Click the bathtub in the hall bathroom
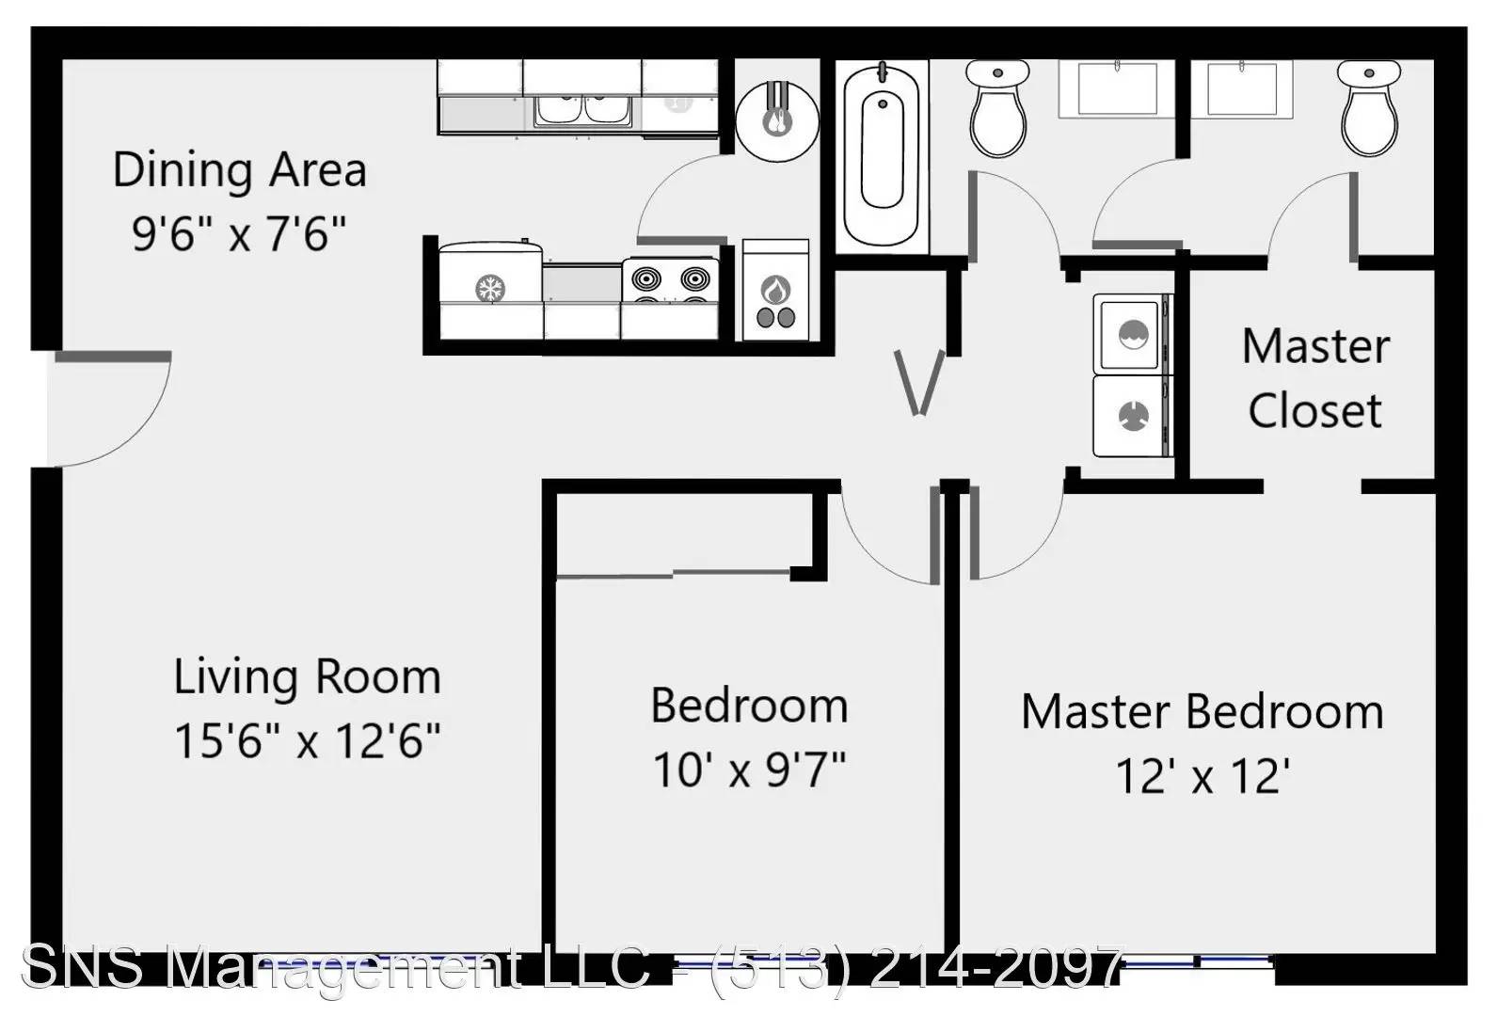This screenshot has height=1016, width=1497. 883,156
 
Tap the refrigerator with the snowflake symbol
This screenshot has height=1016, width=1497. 490,289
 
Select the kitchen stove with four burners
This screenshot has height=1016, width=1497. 670,298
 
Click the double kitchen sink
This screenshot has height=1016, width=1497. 582,110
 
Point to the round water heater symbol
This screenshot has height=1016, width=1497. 777,120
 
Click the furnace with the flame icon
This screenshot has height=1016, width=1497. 775,290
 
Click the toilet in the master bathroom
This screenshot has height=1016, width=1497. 1369,108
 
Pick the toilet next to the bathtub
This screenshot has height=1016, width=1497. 997,108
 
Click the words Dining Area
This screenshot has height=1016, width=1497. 240,169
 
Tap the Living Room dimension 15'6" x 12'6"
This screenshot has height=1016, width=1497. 308,740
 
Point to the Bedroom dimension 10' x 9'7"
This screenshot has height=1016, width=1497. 749,770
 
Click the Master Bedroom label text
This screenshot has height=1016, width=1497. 1202,712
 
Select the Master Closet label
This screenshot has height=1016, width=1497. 1316,378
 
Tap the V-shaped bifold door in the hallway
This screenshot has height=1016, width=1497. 919,384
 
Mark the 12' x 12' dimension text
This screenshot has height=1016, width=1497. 1202,776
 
